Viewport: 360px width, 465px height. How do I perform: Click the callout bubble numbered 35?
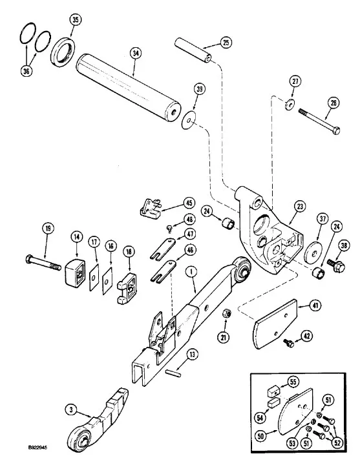click(x=76, y=20)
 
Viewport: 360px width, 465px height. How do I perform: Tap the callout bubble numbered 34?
click(x=136, y=54)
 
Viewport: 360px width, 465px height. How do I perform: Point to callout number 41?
click(x=315, y=305)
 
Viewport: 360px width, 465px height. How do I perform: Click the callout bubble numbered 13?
click(x=193, y=354)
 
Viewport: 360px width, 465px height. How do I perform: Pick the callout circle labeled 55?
click(x=293, y=382)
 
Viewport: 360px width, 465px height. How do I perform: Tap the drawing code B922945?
click(x=37, y=448)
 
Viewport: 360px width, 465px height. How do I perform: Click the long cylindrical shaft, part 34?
click(x=128, y=88)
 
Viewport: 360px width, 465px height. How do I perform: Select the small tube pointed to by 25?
click(x=193, y=50)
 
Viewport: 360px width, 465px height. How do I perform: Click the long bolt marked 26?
click(x=319, y=122)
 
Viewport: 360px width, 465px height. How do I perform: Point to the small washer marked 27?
click(x=290, y=105)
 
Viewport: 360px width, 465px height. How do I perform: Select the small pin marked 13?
click(x=173, y=373)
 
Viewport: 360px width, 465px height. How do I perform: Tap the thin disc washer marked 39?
click(x=188, y=119)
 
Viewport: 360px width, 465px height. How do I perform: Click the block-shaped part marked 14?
click(x=75, y=273)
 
